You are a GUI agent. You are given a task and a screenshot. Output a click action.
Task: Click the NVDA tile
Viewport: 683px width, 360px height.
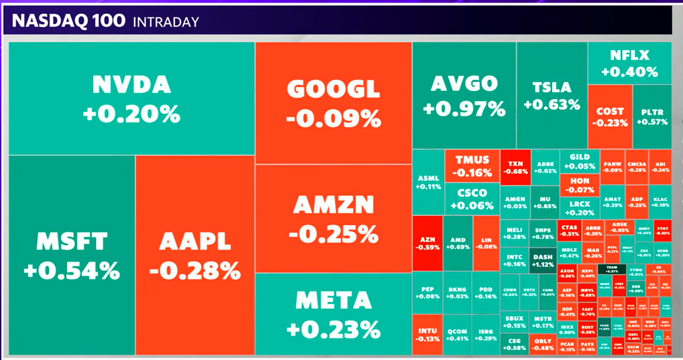[x=131, y=99]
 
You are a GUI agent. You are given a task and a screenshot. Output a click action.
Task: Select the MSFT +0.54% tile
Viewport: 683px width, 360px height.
[x=71, y=255]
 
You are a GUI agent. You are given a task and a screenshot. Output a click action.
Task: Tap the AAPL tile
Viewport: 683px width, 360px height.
[x=195, y=255]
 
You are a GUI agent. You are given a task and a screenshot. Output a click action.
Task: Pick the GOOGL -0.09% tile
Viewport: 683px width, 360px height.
[x=333, y=103]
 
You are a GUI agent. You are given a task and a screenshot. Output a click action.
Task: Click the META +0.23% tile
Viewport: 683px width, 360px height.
[x=333, y=314]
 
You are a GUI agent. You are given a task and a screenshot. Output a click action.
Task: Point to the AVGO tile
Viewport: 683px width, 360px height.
[x=464, y=95]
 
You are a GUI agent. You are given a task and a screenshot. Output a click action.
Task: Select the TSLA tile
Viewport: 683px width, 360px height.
[x=552, y=96]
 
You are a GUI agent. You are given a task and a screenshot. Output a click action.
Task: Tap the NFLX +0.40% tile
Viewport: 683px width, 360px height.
[x=630, y=63]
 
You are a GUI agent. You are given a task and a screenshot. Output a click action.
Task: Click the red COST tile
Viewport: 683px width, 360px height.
[x=610, y=116]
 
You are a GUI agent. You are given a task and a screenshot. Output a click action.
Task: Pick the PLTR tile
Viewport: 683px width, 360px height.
[x=652, y=116]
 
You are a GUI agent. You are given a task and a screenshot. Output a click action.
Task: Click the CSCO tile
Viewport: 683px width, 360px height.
[x=472, y=199]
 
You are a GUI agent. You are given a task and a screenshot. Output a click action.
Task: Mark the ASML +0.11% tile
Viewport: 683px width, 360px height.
[x=429, y=182]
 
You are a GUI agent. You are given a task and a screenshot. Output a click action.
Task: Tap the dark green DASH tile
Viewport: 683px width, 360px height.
[x=543, y=260]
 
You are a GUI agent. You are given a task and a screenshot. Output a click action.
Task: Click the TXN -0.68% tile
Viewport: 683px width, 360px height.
[x=515, y=167]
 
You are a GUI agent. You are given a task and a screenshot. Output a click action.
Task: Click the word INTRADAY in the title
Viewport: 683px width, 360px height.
[x=166, y=22]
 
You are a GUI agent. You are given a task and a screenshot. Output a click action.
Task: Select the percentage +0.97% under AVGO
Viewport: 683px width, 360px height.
[x=464, y=108]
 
